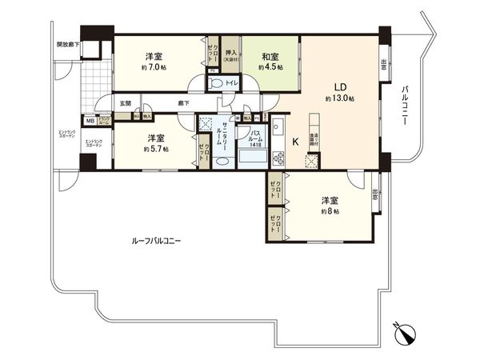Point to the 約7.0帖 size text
pos(154,69)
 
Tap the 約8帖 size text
pos(330,212)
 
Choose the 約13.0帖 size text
pos(340,98)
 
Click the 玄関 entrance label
pos(126,104)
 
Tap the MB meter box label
pos(90,120)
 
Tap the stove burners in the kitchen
pos(278,154)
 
